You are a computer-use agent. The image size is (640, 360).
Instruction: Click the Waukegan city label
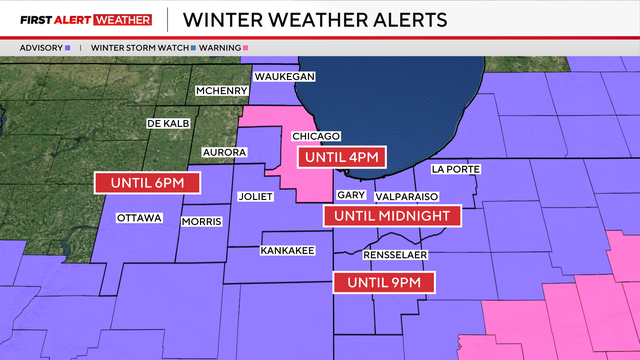pos(285,77)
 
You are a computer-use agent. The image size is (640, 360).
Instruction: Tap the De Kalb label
pos(169,123)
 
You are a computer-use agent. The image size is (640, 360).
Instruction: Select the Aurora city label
pos(224,152)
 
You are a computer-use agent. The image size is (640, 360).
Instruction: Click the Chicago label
pos(317,136)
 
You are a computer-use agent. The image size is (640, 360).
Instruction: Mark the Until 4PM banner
pos(341,157)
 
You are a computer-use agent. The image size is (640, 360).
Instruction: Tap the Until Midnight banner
pos(391,215)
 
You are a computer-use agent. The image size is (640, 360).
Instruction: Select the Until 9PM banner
pos(384,283)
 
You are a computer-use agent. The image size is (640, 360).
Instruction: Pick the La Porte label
pos(457,169)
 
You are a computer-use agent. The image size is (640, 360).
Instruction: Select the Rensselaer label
pos(395,255)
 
